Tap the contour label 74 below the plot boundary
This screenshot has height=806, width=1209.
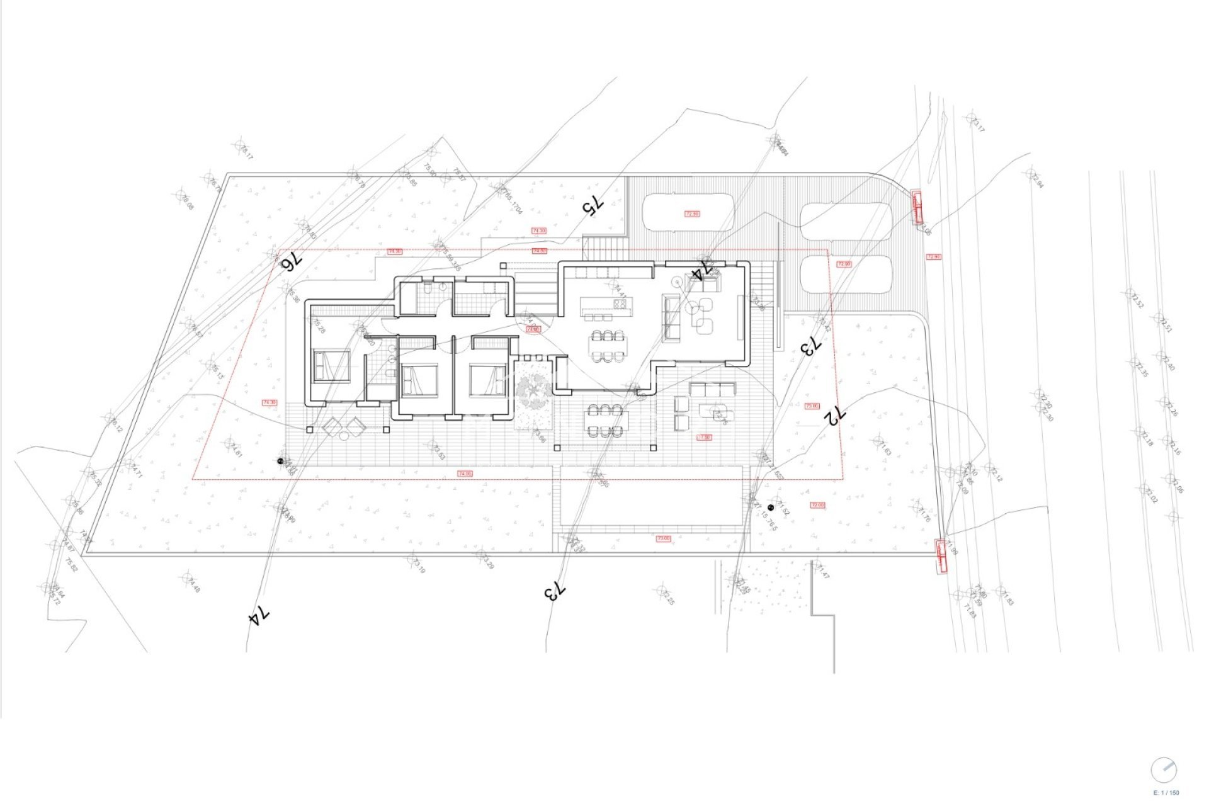click(259, 616)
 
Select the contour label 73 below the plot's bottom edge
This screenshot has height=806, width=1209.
click(555, 591)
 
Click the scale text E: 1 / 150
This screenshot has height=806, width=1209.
click(1166, 793)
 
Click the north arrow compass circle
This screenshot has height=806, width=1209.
click(1164, 770)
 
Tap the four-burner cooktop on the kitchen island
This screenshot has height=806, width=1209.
click(619, 305)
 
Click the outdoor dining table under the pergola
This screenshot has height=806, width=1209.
click(606, 420)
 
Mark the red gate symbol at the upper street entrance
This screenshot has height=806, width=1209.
click(917, 207)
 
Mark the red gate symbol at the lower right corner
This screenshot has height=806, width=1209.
click(941, 557)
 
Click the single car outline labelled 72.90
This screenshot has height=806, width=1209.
click(691, 213)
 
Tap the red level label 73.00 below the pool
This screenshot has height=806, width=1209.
click(663, 538)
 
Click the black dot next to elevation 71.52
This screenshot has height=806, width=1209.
click(771, 507)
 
